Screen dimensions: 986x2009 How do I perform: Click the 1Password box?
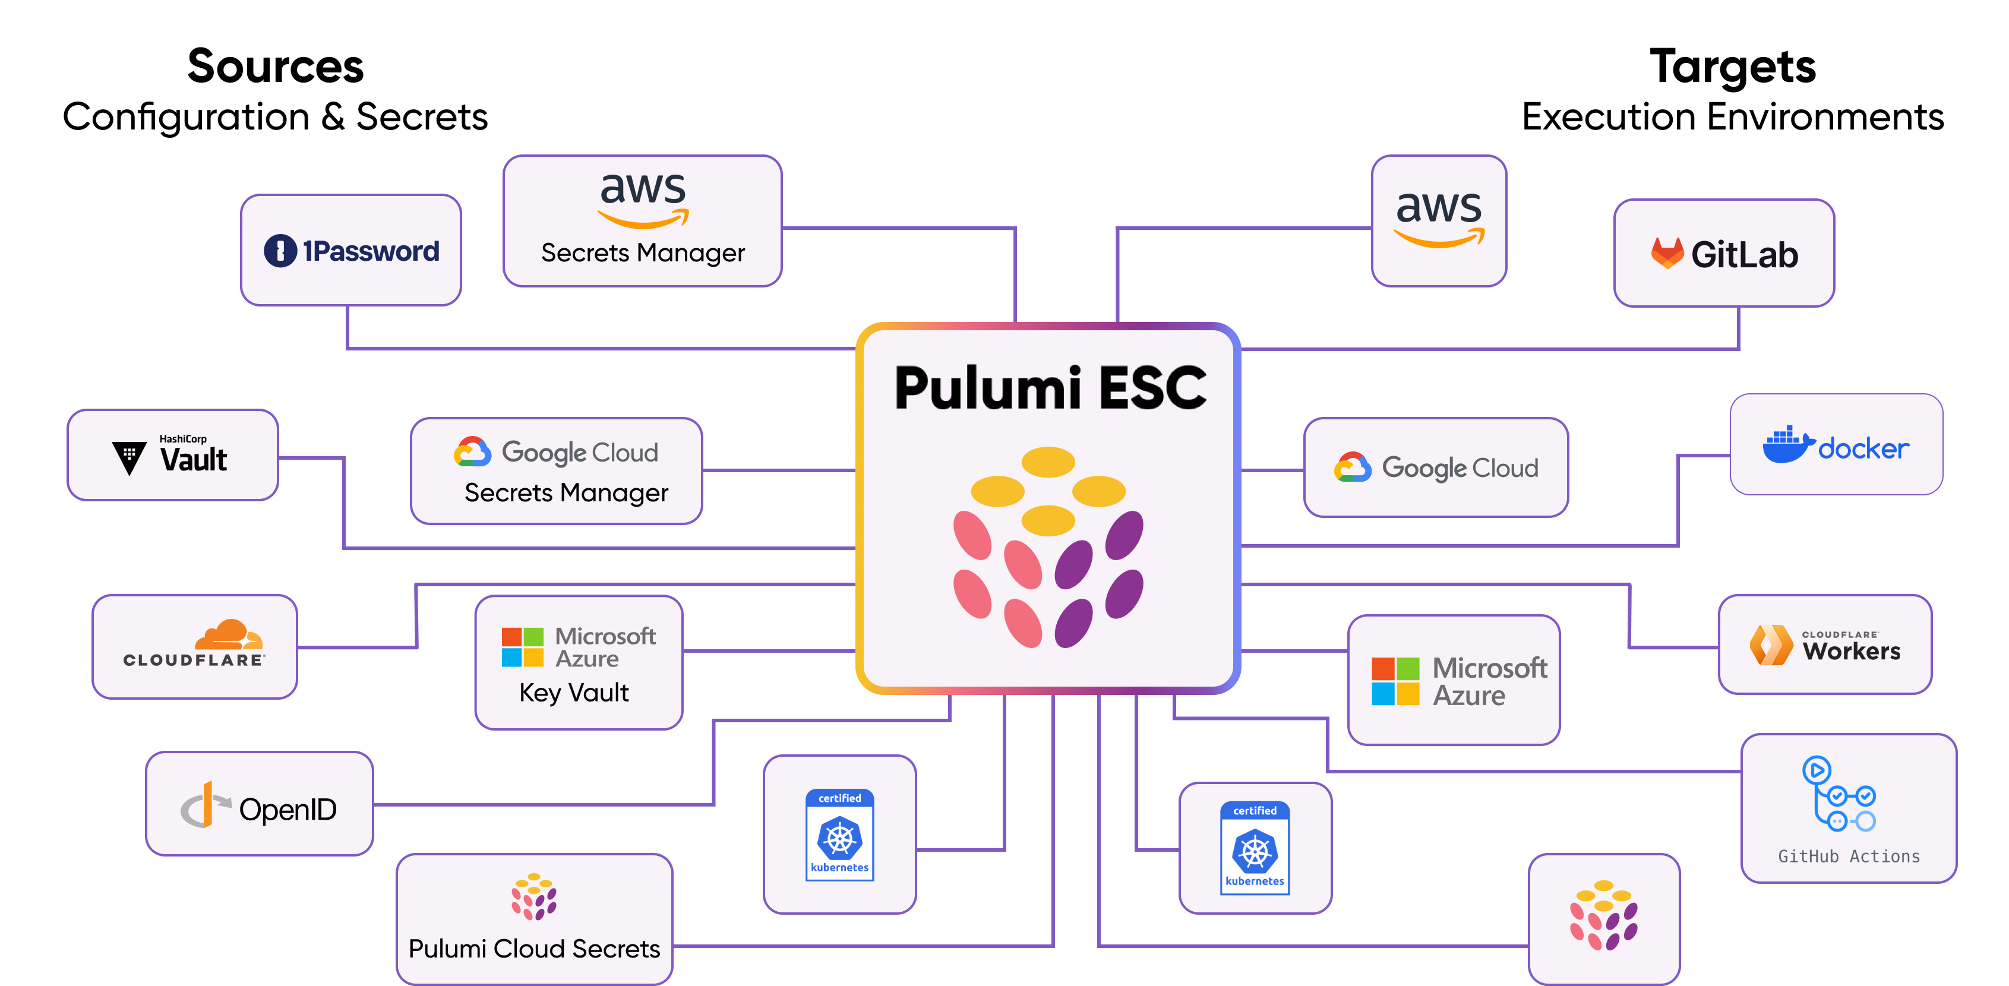click(x=351, y=251)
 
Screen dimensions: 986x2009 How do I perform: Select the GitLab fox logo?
click(x=1667, y=254)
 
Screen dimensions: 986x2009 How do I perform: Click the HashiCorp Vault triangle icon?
click(x=129, y=457)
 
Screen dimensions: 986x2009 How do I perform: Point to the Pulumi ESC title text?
click(x=1050, y=388)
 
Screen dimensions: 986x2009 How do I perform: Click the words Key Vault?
click(x=574, y=693)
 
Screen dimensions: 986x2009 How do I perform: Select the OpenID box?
click(x=259, y=804)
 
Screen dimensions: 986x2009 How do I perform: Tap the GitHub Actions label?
click(x=1849, y=856)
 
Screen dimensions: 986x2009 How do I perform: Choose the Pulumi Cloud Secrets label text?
click(x=534, y=949)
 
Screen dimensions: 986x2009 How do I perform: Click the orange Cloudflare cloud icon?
click(x=229, y=635)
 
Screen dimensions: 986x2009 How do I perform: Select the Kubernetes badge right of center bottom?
click(x=1255, y=848)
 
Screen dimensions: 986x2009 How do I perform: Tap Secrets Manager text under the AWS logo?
click(x=643, y=253)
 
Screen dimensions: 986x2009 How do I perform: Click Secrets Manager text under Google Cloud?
click(x=566, y=493)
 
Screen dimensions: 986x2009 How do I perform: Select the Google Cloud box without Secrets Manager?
click(x=1436, y=467)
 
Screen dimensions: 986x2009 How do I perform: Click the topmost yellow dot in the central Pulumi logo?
click(x=1048, y=462)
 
